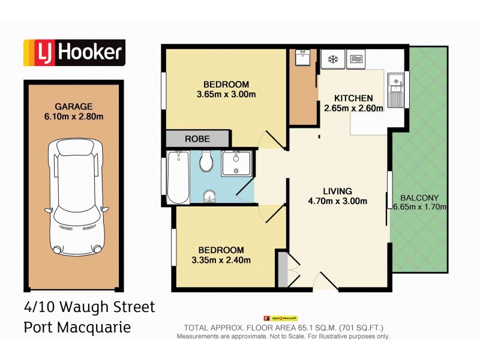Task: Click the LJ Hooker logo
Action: tap(74, 53)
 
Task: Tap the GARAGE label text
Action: tap(74, 106)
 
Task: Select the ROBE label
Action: tap(197, 139)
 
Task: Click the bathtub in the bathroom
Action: tap(178, 178)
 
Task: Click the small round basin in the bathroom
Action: tap(209, 194)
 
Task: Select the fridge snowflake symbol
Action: tap(332, 59)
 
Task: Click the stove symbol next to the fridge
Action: tap(355, 59)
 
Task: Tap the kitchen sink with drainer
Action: tap(396, 88)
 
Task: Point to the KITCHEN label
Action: tap(353, 98)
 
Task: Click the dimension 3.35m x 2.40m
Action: tap(220, 260)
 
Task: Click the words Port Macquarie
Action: tap(76, 328)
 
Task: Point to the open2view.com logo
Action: tap(280, 319)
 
